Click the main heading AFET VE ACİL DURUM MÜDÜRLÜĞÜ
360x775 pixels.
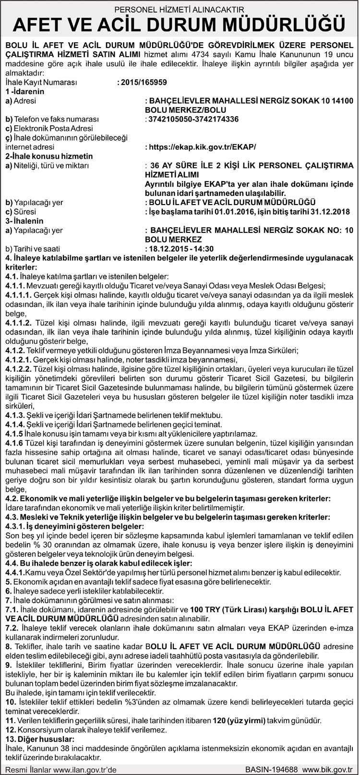(x=180, y=24)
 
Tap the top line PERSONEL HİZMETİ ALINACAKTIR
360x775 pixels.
(x=180, y=9)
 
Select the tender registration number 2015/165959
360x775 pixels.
(x=144, y=82)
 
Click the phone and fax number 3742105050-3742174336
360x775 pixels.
(x=193, y=119)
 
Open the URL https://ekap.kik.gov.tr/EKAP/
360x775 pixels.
(x=202, y=147)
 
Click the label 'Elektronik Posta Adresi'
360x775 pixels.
(x=49, y=129)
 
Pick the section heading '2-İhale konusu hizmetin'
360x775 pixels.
(x=49, y=156)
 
